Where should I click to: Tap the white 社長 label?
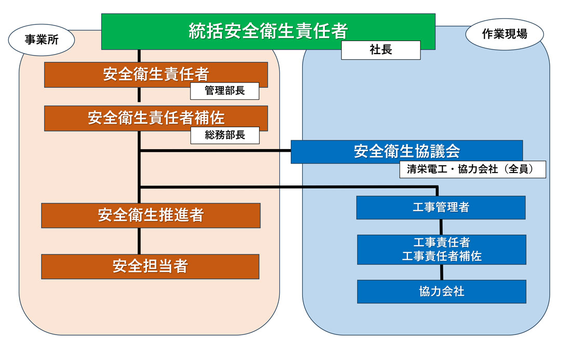coord(380,50)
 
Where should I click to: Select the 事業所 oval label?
coord(42,40)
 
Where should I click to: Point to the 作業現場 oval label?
coord(505,35)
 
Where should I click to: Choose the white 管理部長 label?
coord(224,91)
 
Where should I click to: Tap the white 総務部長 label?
coord(224,136)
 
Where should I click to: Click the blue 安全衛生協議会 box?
coord(406,151)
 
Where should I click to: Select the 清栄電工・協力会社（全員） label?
coord(472,170)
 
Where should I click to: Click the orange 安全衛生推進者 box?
coord(151,215)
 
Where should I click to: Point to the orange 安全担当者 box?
coord(150,266)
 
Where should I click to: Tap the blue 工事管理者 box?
coord(441,207)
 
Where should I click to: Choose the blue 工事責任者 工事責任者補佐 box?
coord(441,249)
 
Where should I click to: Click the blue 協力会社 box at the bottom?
coord(441,291)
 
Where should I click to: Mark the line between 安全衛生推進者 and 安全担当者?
coord(139,241)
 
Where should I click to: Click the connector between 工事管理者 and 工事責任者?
coord(441,227)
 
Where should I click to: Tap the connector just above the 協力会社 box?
coord(441,273)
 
